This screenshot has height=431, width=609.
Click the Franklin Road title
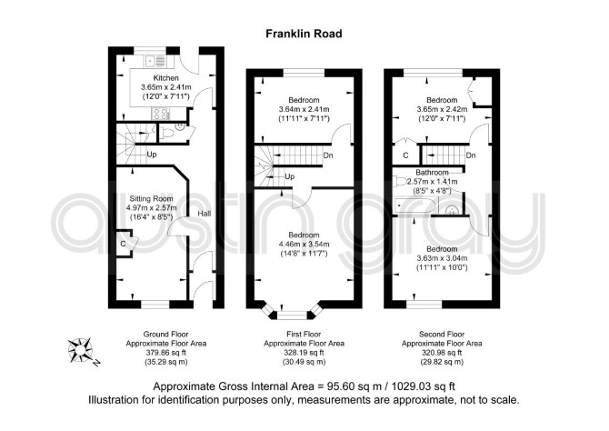click(x=304, y=34)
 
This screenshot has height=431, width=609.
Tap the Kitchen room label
click(x=165, y=78)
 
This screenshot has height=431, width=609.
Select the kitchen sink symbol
click(x=155, y=62)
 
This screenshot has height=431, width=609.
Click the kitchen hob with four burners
click(x=160, y=113)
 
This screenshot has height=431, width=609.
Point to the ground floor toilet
click(x=167, y=134)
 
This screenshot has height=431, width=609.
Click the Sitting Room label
click(x=151, y=198)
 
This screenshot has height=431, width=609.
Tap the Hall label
click(x=204, y=214)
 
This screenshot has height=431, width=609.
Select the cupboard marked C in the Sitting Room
click(x=125, y=244)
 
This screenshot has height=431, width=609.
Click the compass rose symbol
click(x=81, y=350)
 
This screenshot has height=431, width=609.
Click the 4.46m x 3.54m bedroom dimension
click(x=304, y=245)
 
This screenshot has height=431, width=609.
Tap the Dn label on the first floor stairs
click(x=328, y=155)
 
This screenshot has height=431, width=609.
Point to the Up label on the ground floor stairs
click(x=152, y=155)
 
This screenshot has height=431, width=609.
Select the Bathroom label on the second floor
click(x=433, y=172)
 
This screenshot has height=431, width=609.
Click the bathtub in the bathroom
click(x=414, y=205)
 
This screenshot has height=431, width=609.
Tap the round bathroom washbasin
click(x=452, y=210)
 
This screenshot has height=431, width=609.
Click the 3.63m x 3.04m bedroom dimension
click(x=442, y=258)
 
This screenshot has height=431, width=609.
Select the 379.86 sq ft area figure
click(x=165, y=353)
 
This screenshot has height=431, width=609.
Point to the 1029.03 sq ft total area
click(x=420, y=386)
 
